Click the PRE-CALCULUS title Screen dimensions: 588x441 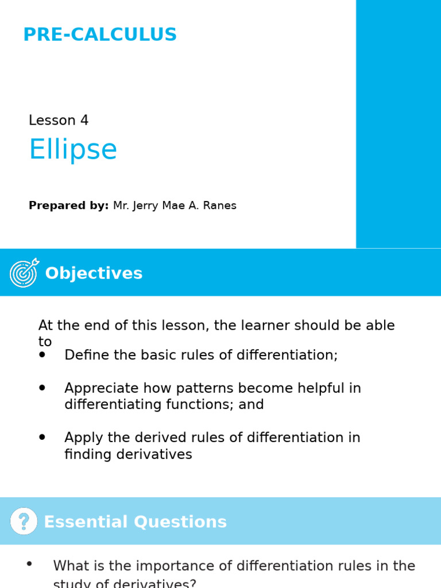(100, 35)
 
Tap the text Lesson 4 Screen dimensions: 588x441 (59, 121)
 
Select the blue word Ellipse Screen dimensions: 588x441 (73, 150)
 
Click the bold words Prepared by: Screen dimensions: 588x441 (68, 206)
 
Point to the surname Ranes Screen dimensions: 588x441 (219, 206)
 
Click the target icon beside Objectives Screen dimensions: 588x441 (24, 272)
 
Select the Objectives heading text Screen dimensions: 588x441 (94, 273)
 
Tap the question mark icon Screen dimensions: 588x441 (24, 521)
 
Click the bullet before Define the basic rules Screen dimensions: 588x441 (42, 355)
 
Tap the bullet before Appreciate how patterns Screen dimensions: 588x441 (42, 388)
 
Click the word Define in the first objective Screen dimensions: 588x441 (83, 355)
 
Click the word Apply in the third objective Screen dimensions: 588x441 (81, 438)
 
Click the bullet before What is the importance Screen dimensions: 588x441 (29, 564)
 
